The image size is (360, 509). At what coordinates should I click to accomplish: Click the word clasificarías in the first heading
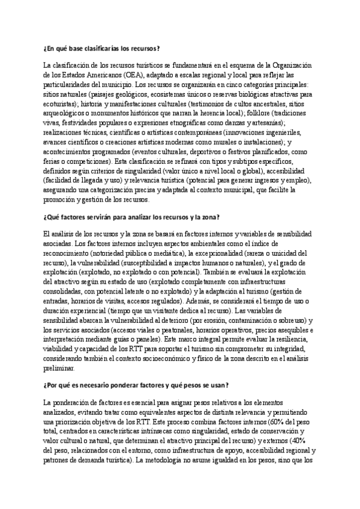97,48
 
